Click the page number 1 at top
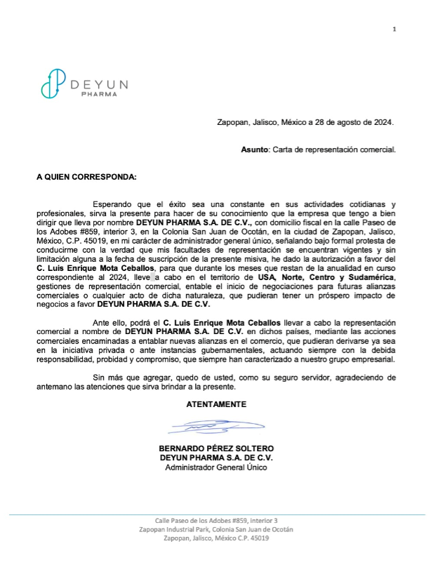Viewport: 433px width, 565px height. [394, 29]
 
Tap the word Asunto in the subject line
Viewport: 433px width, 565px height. [255, 149]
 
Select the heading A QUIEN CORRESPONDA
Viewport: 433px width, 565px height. [86, 177]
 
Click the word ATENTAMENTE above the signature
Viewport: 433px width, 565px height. [216, 404]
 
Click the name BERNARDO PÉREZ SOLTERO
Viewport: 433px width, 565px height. [216, 448]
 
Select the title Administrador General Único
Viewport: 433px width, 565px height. [216, 468]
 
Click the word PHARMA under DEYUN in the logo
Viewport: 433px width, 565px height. [99, 94]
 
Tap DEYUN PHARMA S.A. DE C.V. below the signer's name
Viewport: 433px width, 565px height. [216, 458]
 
